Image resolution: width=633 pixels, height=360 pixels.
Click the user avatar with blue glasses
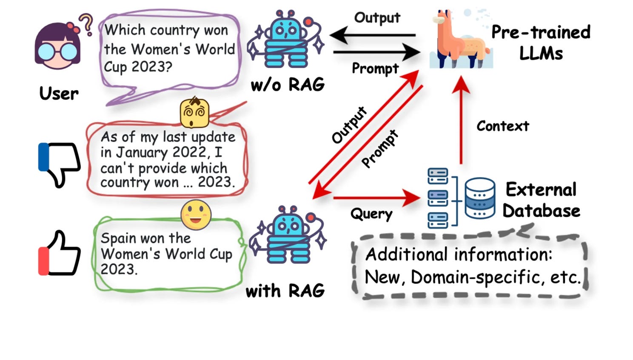pyautogui.click(x=57, y=47)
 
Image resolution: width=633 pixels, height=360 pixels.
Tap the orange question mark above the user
pyautogui.click(x=87, y=24)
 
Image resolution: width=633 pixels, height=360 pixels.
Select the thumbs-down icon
pyautogui.click(x=60, y=164)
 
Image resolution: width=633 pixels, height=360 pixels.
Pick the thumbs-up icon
pyautogui.click(x=60, y=253)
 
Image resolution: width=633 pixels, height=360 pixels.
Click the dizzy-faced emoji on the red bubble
pyautogui.click(x=194, y=113)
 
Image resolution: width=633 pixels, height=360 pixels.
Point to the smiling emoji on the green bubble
pyautogui.click(x=196, y=214)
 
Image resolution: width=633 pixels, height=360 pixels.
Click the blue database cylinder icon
pyautogui.click(x=479, y=198)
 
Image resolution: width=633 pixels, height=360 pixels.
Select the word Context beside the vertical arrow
pyautogui.click(x=502, y=126)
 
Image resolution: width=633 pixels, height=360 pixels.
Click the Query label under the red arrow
pyautogui.click(x=371, y=214)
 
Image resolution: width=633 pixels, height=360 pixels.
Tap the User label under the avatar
pyautogui.click(x=59, y=93)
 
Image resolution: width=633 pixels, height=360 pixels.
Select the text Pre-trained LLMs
pyautogui.click(x=541, y=43)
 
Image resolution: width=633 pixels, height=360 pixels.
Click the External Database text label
pyautogui.click(x=541, y=200)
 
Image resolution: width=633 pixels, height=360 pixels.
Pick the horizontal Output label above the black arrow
pyautogui.click(x=377, y=18)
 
